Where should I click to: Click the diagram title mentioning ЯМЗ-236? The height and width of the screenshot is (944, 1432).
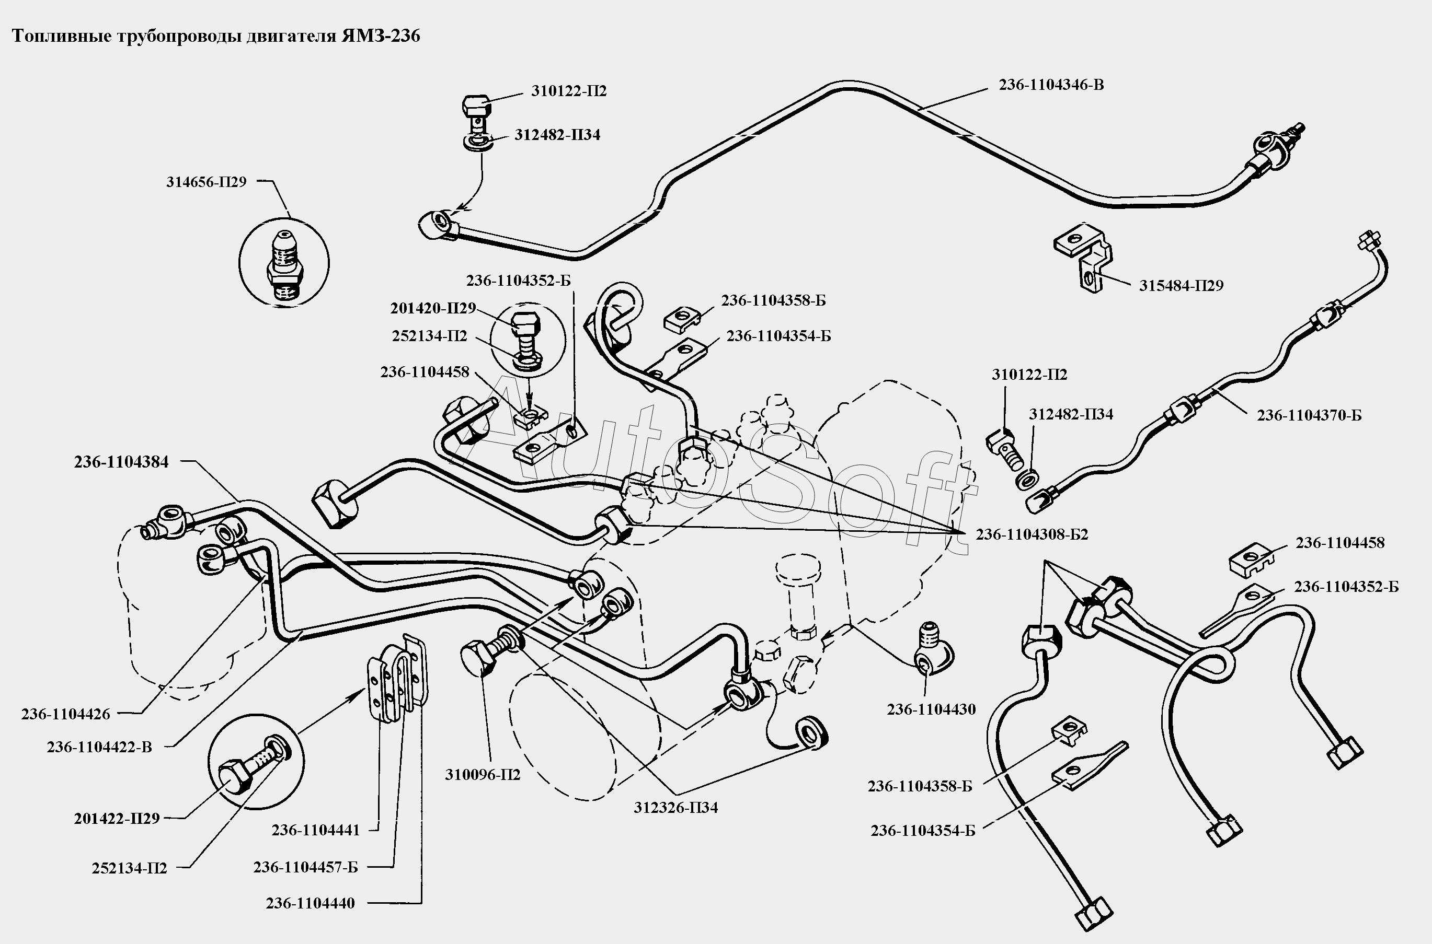click(216, 37)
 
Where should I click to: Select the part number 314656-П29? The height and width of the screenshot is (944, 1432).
click(206, 182)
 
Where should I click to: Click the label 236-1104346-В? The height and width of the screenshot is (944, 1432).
click(1051, 85)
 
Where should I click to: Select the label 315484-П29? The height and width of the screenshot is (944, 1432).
click(1181, 285)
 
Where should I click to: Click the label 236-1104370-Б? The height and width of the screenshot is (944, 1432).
click(1309, 415)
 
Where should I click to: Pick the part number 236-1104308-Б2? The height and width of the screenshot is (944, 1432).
click(1032, 534)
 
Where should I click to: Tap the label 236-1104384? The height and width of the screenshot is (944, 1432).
click(121, 462)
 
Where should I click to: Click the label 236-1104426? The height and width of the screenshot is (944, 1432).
click(66, 714)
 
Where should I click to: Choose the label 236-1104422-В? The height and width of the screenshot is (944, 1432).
click(99, 747)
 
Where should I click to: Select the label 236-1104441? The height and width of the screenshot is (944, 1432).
click(315, 830)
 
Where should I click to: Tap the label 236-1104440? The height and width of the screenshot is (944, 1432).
click(310, 903)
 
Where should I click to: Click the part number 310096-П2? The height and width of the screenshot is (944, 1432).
click(482, 775)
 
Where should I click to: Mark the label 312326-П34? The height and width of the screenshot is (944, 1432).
click(675, 807)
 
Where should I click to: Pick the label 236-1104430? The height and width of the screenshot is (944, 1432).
click(931, 709)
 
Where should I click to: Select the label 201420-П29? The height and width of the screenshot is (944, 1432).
click(432, 308)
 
